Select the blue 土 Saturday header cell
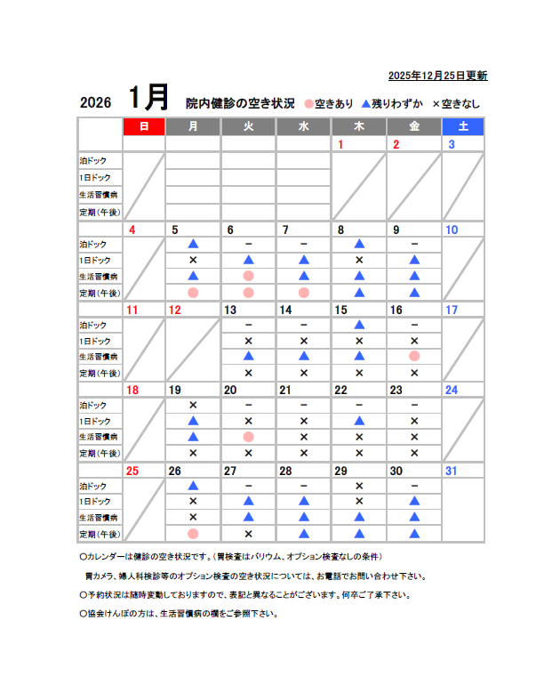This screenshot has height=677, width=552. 463,126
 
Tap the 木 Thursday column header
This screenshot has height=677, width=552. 359,126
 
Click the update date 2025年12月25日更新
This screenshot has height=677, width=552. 437,76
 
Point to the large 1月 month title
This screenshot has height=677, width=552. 148,97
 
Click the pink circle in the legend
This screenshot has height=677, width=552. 308,103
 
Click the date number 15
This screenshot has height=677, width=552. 340,310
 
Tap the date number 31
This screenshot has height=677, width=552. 452,471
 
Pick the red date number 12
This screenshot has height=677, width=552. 175,310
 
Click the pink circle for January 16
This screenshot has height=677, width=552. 414,357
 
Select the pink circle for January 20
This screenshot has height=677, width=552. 248,437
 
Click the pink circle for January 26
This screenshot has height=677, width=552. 193,533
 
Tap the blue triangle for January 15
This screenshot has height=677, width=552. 359,325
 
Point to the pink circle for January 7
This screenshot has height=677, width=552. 304,292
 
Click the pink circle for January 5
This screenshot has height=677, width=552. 193,292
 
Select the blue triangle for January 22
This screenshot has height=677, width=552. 359,421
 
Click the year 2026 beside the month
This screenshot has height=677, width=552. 95,102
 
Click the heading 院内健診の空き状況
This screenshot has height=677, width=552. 240,102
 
